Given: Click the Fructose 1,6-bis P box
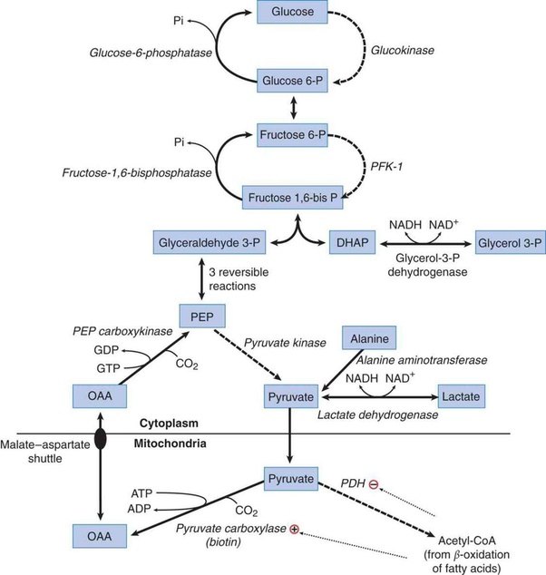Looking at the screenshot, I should click(x=290, y=196).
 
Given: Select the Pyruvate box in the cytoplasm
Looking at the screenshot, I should click(x=290, y=396).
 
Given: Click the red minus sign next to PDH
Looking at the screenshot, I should click(x=373, y=485).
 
